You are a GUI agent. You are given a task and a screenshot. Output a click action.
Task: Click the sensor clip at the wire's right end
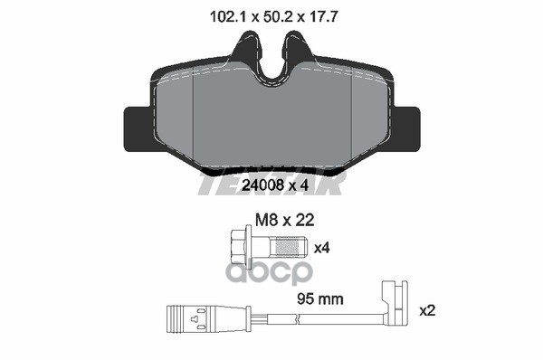pos(394,303)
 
